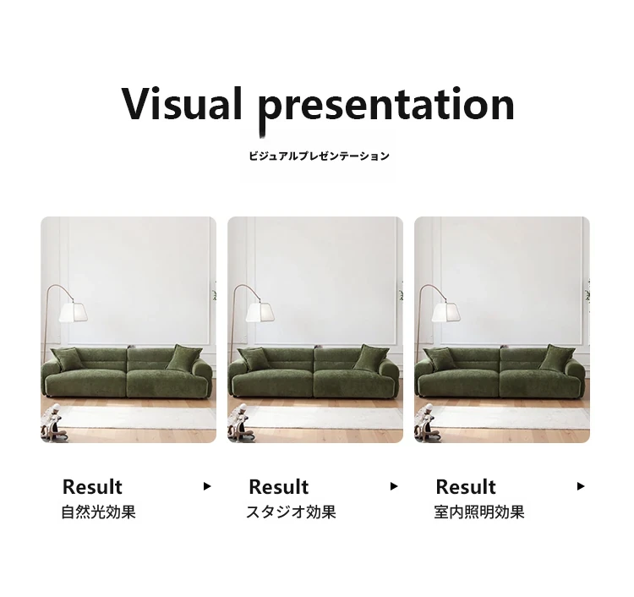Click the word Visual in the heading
182,103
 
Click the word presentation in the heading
386,107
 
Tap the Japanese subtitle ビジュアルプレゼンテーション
319,156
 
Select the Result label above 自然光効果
92,486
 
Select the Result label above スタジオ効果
279,486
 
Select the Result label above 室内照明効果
466,486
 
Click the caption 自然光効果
98,512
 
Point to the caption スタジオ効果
291,512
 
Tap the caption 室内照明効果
479,512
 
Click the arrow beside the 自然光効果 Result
207,486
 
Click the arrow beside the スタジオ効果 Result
394,486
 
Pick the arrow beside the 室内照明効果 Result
581,486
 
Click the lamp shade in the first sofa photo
74,312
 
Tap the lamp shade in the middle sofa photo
260,312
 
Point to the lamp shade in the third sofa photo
446,312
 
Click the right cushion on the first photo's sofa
183,358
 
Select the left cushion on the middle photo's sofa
253,359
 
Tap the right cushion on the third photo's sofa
556,358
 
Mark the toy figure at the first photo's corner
52,424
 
